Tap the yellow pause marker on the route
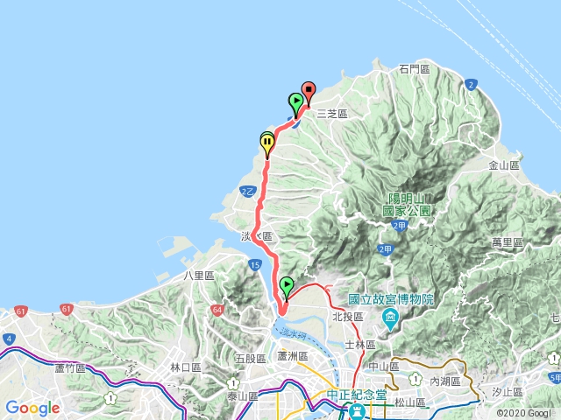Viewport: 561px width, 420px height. [267, 141]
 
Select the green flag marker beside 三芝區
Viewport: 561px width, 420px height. [296, 101]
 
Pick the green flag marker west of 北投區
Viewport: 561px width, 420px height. [287, 285]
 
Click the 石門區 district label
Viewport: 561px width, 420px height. [414, 68]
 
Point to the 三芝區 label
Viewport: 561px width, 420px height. [332, 114]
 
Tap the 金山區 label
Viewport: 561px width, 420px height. [504, 164]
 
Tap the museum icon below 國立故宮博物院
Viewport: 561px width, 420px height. [390, 315]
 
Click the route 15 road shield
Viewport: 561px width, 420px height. [254, 263]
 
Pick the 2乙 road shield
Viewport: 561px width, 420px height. [247, 191]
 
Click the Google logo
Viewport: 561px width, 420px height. [32, 408]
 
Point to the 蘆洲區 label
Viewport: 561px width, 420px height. [292, 356]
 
